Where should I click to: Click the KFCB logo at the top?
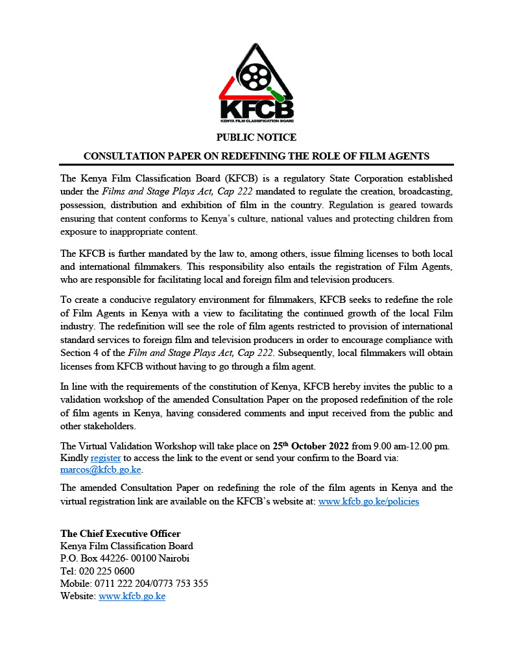pos(256,84)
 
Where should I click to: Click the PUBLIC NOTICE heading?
pos(256,137)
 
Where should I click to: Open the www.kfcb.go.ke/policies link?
pos(368,501)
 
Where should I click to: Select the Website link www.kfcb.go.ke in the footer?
pos(132,595)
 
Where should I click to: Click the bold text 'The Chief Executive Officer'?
pos(121,534)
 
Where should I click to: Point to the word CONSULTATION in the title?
pos(125,156)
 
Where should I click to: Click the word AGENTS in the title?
pos(410,156)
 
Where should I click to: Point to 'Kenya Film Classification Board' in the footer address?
pos(126,546)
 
